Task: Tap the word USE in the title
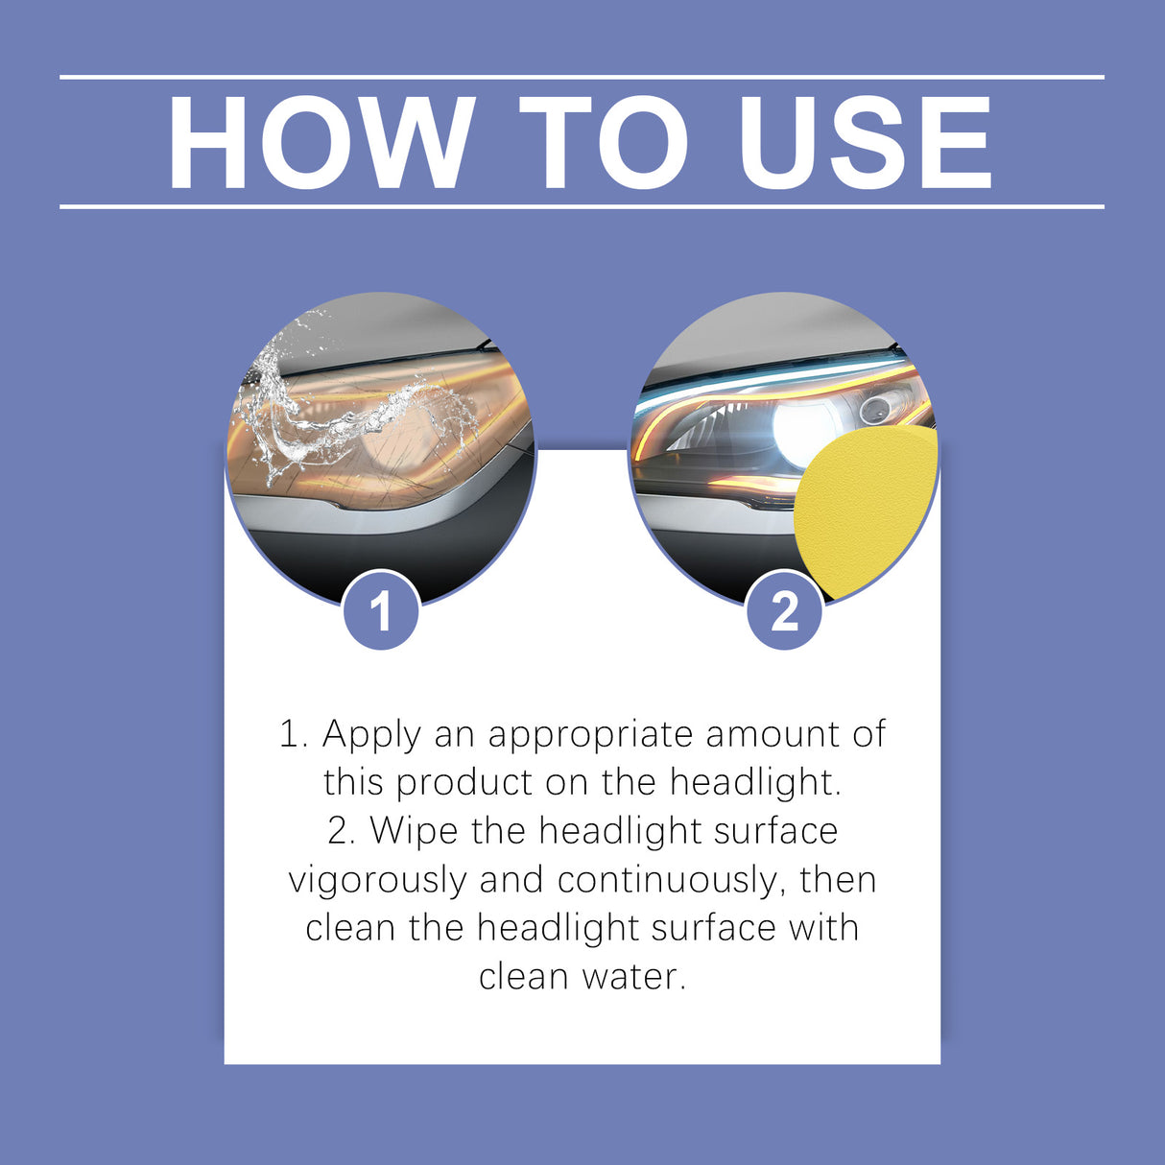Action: tap(866, 143)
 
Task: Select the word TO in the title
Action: tap(604, 143)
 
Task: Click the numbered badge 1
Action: tap(381, 611)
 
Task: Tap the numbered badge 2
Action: tap(785, 611)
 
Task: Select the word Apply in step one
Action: tap(371, 735)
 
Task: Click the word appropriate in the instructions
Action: tap(590, 735)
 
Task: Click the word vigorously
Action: tap(377, 880)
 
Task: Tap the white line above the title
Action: tap(582, 77)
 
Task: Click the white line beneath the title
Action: tap(582, 206)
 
